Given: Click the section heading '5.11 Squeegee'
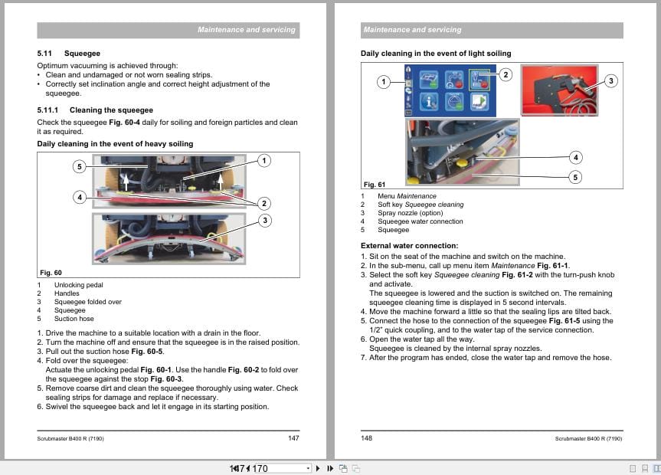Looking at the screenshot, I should pos(69,54).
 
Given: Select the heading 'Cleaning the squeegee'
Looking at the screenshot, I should pos(111,110).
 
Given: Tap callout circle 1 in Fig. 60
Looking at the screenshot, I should pos(263,161).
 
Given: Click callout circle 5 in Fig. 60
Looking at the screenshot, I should pos(79,166).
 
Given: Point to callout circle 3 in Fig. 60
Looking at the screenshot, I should pos(263,221).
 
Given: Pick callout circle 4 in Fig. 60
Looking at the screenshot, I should pos(79,198).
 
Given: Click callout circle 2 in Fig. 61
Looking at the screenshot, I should pos(505,74).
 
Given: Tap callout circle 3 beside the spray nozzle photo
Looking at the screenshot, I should pos(610,80).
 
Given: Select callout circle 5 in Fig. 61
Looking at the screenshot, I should pos(575,177).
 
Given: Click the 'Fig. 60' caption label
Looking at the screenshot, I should pos(50,273).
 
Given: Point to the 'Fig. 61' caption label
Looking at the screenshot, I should pos(374,185).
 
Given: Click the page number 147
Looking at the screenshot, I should pos(293,438).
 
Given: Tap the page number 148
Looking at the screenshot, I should pos(367,438).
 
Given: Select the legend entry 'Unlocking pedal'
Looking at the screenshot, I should pos(78,285).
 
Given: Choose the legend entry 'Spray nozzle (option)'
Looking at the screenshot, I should pos(410,213).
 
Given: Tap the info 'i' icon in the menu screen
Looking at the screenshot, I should pos(429,102).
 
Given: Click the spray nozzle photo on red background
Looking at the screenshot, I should pos(558,89).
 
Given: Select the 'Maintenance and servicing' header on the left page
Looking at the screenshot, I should pos(246,30).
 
